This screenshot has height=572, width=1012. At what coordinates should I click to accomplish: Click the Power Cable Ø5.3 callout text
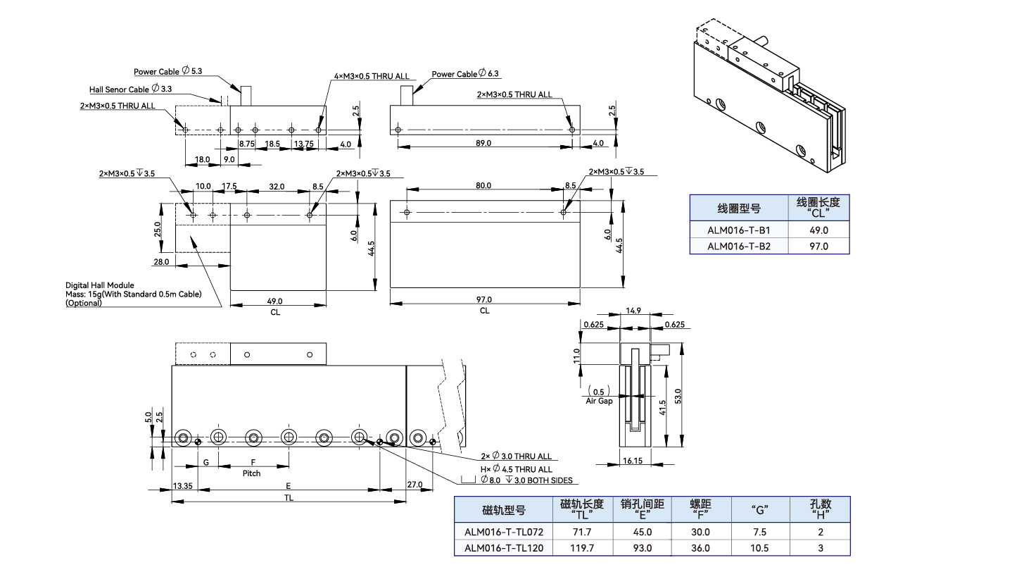168,71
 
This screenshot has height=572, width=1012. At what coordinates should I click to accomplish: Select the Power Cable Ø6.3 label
465,74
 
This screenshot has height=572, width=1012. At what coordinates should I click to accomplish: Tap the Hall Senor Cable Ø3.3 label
130,89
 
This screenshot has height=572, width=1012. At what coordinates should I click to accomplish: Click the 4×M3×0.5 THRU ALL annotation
371,76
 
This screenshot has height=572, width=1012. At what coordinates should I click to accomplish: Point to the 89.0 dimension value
483,143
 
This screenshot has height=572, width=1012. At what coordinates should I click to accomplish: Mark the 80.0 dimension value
483,186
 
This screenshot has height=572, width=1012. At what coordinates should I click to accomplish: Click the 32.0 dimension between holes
277,186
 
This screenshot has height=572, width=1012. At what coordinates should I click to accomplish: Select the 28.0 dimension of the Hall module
160,261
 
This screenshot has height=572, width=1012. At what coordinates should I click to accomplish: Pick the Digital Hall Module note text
99,285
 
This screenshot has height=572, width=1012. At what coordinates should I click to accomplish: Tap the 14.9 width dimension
633,311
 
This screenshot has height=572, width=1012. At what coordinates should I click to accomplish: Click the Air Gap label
599,400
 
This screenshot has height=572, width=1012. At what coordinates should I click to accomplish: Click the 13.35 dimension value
182,485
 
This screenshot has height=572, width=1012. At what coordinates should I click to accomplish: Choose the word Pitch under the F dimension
251,473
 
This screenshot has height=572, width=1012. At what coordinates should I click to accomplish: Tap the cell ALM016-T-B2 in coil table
738,246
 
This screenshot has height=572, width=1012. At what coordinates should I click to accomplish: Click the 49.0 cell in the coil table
819,230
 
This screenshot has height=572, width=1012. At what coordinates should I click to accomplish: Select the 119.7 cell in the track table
581,548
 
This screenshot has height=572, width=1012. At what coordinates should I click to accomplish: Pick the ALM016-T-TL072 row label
504,532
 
